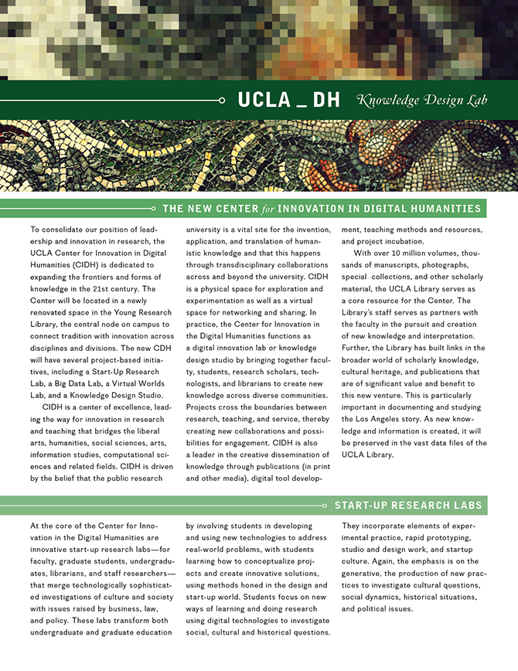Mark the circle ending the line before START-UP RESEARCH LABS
[x=324, y=506]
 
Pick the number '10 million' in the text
[x=413, y=254]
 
